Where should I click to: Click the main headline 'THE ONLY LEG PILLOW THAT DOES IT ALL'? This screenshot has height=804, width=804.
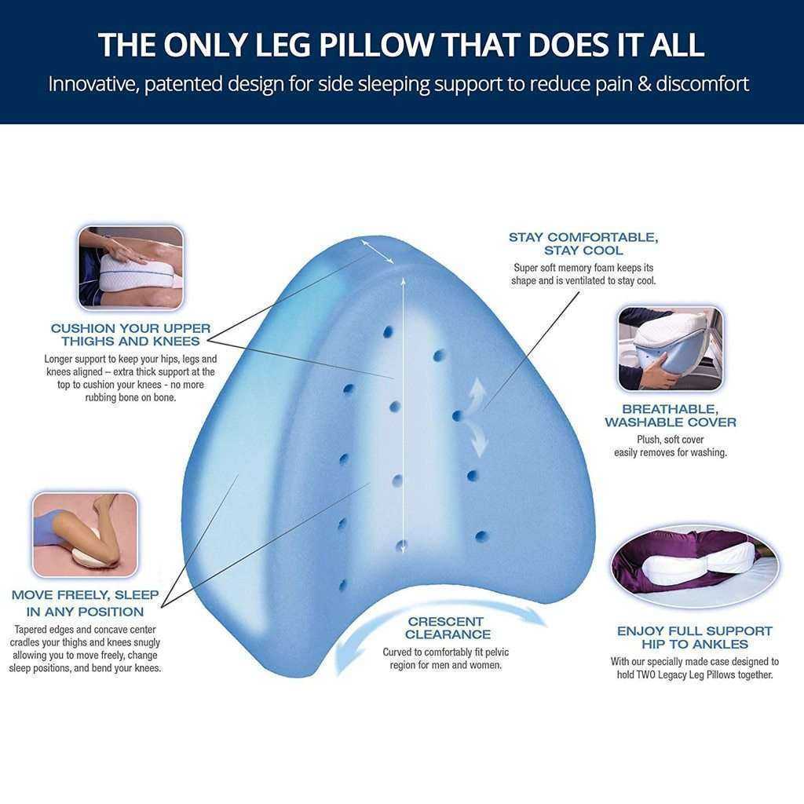[401, 45]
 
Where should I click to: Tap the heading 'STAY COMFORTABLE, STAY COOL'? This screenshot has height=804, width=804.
[583, 244]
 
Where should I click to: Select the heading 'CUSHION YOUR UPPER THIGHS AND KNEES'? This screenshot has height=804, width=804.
[131, 334]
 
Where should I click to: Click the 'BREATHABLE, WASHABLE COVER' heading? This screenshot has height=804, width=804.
[671, 416]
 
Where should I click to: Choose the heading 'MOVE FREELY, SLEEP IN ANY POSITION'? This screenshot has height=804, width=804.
[85, 604]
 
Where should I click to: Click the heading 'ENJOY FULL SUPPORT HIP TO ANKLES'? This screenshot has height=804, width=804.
[695, 638]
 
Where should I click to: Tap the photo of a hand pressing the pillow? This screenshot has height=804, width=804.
[130, 267]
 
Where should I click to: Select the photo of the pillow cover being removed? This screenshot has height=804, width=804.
[671, 349]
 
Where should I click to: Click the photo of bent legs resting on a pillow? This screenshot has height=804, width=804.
[85, 535]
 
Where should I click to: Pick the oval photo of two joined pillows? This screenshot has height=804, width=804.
[695, 566]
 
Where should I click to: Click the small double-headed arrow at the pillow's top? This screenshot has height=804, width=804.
[378, 251]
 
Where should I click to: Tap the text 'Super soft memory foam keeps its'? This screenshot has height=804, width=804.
[583, 268]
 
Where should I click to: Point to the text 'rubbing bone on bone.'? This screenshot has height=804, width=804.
[131, 397]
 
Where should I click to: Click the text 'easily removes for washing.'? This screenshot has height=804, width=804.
[671, 452]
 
